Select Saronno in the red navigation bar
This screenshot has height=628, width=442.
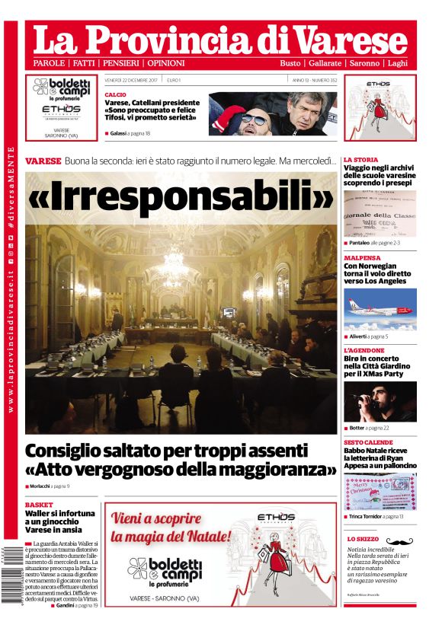click(364, 63)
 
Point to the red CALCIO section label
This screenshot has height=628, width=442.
click(116, 94)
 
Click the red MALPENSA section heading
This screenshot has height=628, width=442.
click(364, 258)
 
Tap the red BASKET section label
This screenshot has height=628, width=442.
click(39, 505)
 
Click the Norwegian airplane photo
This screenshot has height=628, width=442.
click(380, 308)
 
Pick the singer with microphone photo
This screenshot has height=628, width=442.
click(380, 401)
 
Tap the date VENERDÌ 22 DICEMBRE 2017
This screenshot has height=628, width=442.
click(131, 80)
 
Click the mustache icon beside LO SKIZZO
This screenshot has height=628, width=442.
click(399, 540)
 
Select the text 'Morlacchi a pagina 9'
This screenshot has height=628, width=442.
click(50, 486)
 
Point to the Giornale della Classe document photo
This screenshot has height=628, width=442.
click(380, 214)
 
